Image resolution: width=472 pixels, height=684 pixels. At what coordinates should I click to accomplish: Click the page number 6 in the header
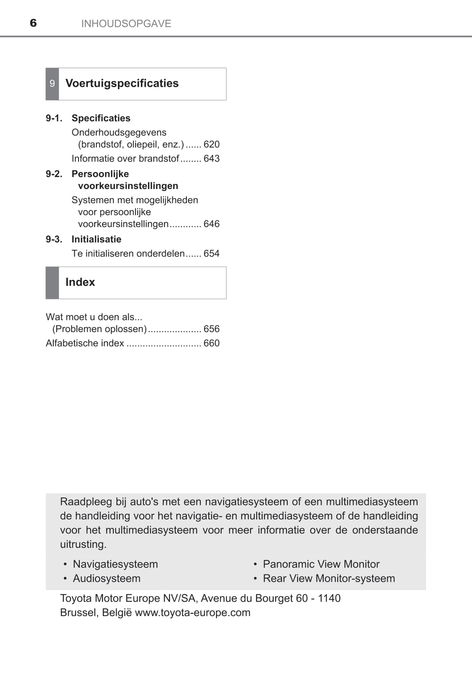click(33, 23)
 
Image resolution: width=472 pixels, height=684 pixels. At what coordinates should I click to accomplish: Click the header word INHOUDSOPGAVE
click(126, 24)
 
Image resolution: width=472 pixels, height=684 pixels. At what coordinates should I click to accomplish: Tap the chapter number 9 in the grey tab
click(52, 84)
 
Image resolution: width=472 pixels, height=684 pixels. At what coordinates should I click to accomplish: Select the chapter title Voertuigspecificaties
click(122, 83)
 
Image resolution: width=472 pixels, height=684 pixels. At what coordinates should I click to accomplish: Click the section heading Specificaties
click(101, 118)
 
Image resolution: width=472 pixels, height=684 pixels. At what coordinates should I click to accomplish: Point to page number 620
click(212, 144)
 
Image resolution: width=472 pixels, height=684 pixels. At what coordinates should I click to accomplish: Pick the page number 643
click(212, 158)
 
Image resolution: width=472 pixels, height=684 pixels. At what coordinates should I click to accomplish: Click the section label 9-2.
click(54, 174)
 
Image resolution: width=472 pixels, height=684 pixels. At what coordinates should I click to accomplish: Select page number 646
click(212, 224)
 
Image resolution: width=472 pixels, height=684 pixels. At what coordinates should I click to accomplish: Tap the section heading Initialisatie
click(96, 239)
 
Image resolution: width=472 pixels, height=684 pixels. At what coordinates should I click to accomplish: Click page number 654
click(212, 254)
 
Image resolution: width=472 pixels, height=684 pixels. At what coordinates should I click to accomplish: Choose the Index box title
click(80, 282)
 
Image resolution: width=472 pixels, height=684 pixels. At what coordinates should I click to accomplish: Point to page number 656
click(212, 329)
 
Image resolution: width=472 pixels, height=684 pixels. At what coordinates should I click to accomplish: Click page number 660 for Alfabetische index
click(212, 343)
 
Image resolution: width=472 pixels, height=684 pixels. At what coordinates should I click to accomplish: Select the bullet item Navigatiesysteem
click(115, 564)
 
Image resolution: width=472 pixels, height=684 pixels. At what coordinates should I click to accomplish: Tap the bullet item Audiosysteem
click(107, 578)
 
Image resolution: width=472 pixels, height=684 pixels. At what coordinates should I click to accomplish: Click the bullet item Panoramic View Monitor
click(321, 564)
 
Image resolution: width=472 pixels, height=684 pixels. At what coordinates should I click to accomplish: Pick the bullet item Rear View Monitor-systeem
click(329, 578)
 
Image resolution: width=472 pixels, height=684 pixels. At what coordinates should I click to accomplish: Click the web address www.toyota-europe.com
click(193, 612)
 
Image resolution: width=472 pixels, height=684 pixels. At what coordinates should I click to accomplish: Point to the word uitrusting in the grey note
click(83, 544)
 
